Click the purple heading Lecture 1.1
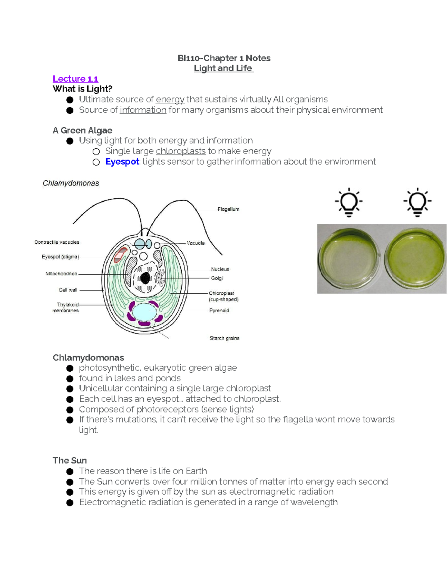pos(75,79)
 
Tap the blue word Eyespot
pos(122,162)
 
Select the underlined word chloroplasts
pos(181,151)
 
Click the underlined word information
pos(143,110)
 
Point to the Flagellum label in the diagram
pos(228,210)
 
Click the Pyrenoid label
pos(219,311)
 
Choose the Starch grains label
pos(224,338)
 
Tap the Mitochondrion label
pos(61,274)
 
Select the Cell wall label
pos(68,290)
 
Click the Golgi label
pos(217,278)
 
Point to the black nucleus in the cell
pos(145,278)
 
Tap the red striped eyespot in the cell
pos(121,255)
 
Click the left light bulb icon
pos(348,202)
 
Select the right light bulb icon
pos(417,202)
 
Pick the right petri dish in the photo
pos(414,258)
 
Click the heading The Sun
pos(69,460)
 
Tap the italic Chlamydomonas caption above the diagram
pos(71,183)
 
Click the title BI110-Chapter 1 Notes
pos(224,58)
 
